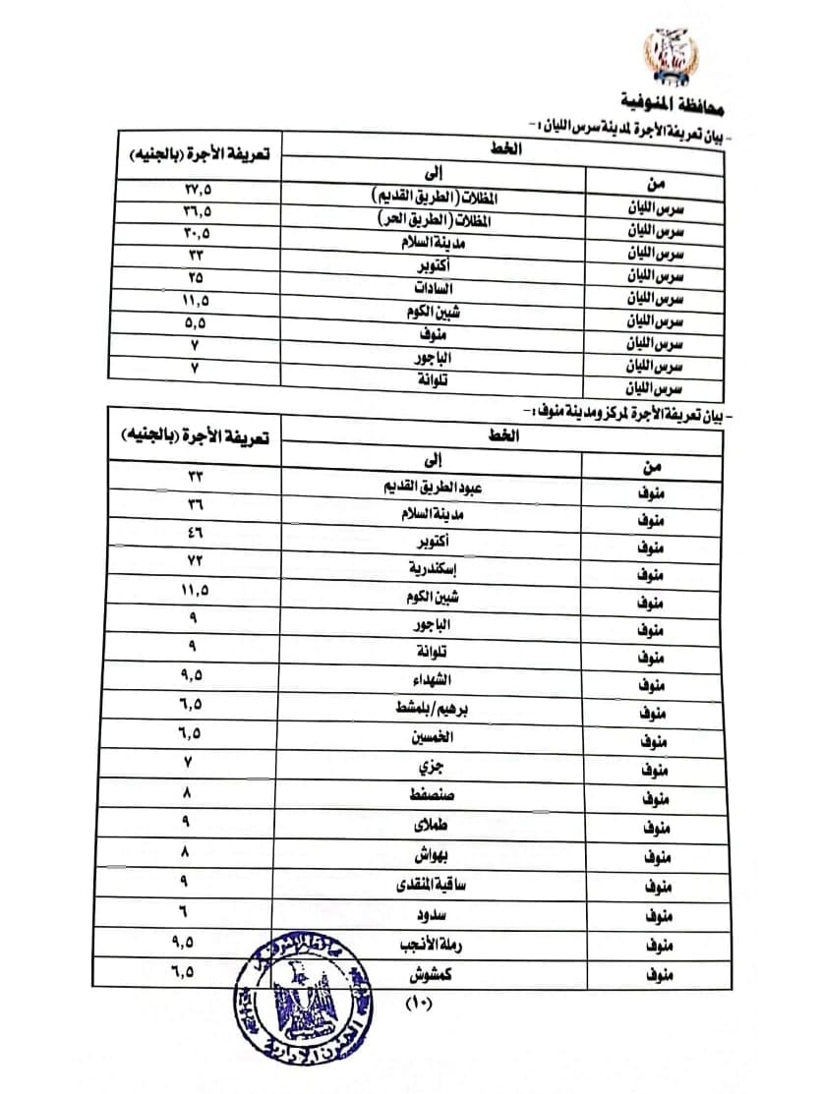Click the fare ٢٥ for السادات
point(196,277)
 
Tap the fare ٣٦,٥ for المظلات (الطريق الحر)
point(196,210)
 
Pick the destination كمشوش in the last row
point(440,974)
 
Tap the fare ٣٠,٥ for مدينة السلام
point(196,233)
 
